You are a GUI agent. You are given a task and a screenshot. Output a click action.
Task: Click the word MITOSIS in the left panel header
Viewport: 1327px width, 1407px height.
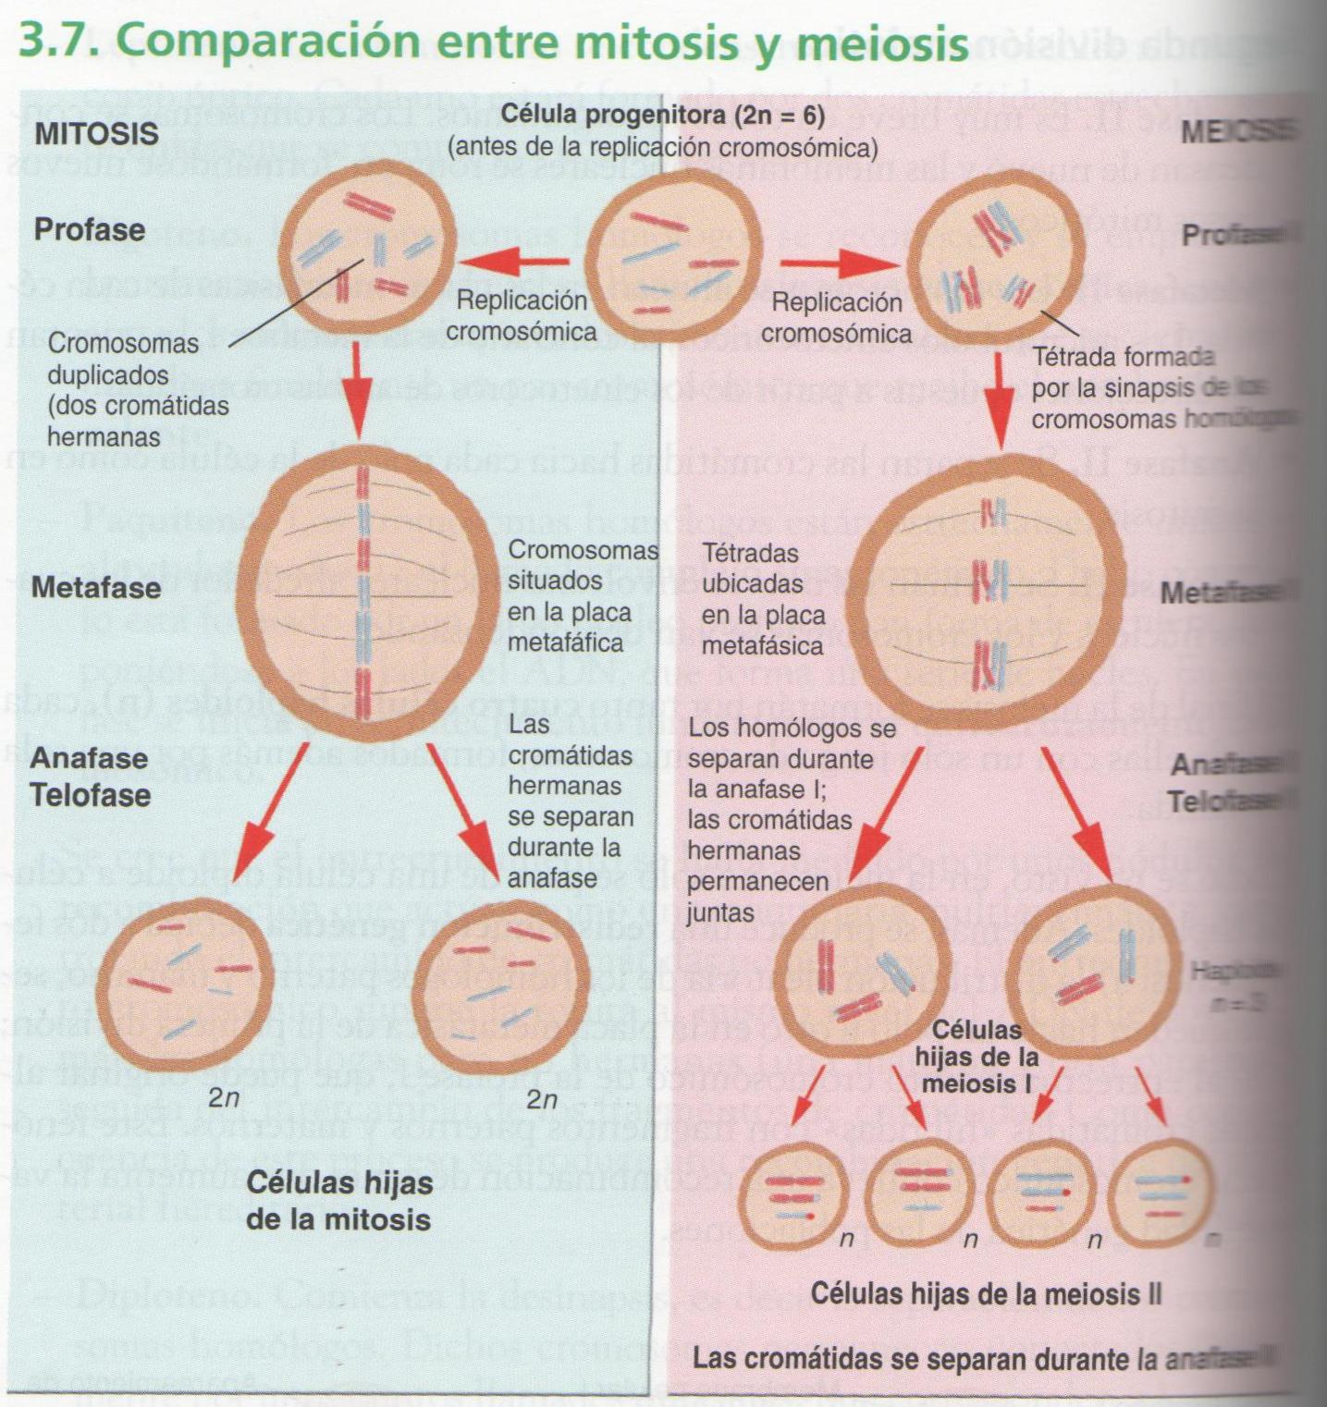click(96, 133)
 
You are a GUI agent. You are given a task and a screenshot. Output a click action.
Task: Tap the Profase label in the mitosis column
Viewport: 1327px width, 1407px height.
click(90, 229)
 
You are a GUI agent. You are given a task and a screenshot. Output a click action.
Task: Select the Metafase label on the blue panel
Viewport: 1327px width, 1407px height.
click(96, 588)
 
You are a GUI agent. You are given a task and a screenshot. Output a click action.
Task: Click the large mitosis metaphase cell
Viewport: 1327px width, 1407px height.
click(363, 593)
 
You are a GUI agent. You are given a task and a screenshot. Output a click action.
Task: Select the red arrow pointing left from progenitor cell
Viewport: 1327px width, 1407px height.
click(519, 262)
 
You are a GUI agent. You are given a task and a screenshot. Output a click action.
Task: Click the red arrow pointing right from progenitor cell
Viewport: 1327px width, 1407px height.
click(841, 265)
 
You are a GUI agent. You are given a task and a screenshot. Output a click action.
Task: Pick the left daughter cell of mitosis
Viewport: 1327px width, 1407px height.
click(185, 981)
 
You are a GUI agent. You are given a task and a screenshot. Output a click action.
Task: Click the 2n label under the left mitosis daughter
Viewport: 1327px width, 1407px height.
click(224, 1099)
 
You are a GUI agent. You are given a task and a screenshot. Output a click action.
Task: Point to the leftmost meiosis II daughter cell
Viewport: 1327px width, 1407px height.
click(794, 1196)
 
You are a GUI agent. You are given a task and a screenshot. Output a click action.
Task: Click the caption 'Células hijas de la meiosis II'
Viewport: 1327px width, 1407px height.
click(986, 1293)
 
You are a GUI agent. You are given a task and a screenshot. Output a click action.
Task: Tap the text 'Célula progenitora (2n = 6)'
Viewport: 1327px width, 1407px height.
click(662, 116)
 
